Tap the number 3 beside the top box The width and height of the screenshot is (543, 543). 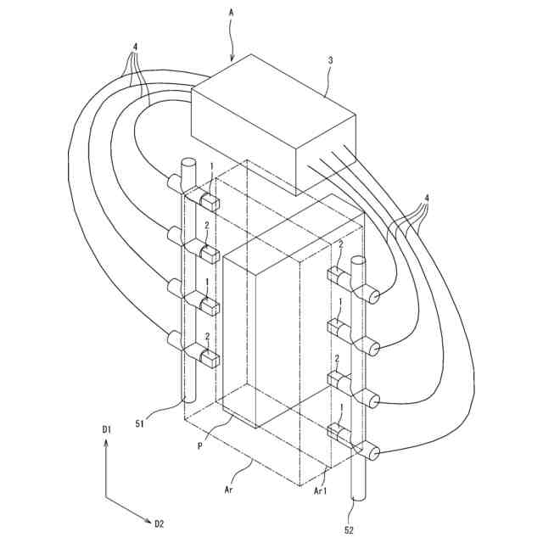(x=332, y=61)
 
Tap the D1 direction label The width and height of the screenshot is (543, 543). (x=107, y=432)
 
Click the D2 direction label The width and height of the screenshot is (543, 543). (x=160, y=523)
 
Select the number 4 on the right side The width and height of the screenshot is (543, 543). (x=427, y=199)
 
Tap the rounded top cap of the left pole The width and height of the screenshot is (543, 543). (x=188, y=163)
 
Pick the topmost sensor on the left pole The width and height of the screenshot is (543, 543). (x=207, y=201)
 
